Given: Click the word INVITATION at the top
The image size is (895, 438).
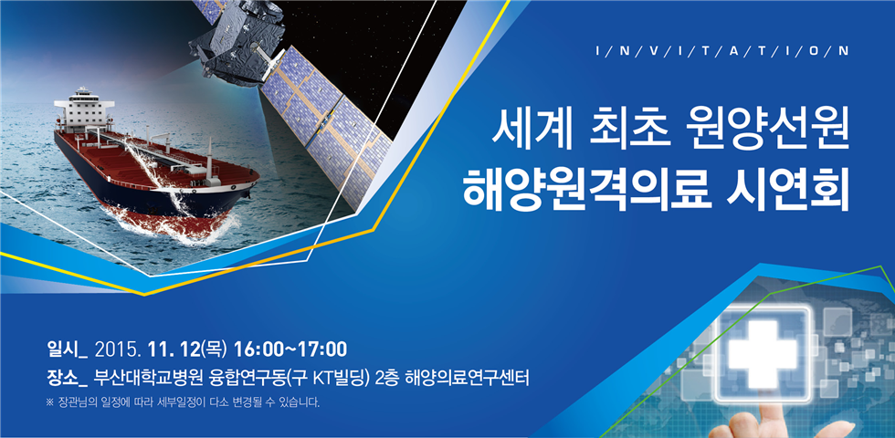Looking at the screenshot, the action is pos(722,51).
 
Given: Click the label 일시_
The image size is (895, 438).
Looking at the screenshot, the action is pos(67,349).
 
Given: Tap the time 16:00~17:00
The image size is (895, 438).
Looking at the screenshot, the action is pos(290,349).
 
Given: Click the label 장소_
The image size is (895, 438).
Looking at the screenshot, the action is pos(67,377).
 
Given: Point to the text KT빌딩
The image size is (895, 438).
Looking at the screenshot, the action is pos(341,377).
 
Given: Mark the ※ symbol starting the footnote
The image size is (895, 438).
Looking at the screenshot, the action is pos(49,403).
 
